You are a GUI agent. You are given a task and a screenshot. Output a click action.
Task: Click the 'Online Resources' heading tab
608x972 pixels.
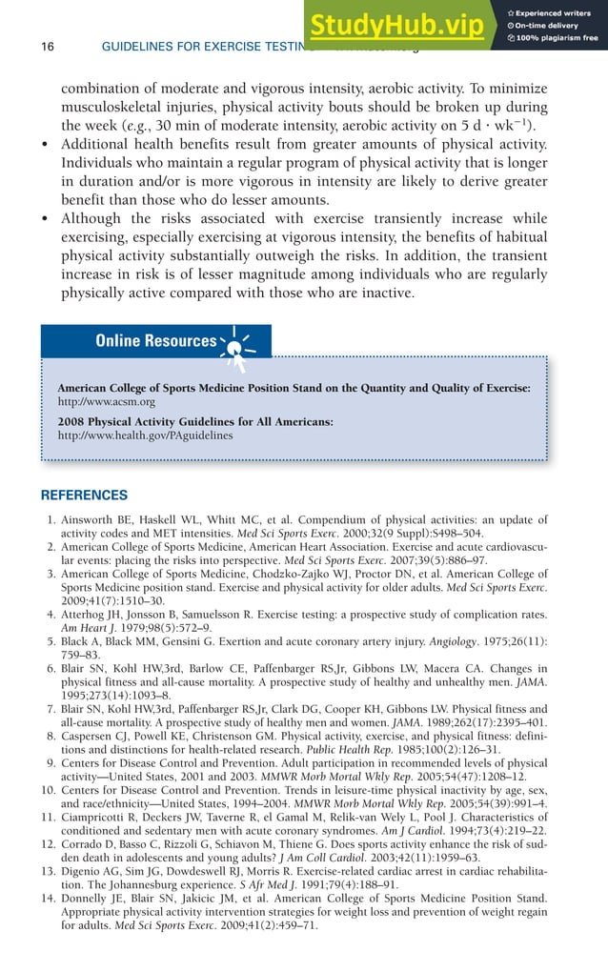155,341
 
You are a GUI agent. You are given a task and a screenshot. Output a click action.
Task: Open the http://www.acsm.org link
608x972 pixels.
106,402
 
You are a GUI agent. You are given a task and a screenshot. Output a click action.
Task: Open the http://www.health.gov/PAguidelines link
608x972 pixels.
145,435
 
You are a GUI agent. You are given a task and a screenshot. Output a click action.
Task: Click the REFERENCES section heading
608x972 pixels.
84,496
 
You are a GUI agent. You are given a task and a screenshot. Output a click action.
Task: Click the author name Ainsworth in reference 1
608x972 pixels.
92,520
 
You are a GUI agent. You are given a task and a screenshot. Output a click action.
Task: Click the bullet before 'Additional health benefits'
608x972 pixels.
45,144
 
